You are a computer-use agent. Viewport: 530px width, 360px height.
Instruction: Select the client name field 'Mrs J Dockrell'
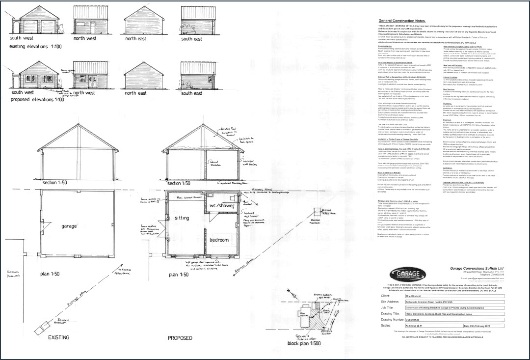pos(415,296)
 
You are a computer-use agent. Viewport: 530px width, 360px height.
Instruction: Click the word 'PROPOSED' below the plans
pos(180,338)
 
